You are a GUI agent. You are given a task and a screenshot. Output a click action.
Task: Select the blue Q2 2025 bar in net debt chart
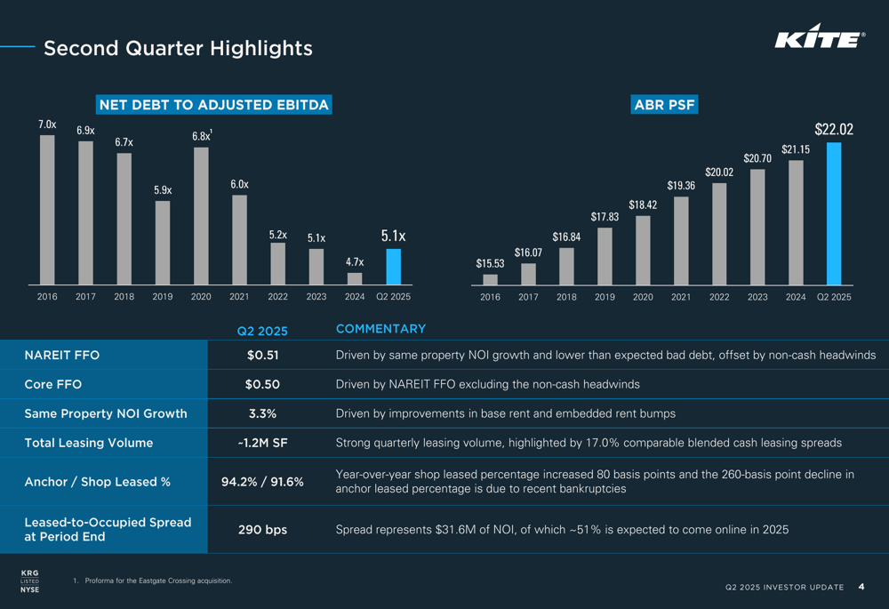point(393,266)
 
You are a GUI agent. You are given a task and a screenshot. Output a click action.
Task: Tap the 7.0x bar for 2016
point(47,210)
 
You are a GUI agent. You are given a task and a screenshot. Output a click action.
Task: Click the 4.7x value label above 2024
point(355,262)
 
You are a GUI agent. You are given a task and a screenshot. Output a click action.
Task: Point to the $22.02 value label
point(834,130)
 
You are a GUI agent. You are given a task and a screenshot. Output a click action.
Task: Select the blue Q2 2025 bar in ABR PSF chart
point(834,213)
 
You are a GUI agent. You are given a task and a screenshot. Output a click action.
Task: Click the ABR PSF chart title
point(664,105)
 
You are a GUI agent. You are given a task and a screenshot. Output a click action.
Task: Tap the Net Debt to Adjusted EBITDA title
point(213,105)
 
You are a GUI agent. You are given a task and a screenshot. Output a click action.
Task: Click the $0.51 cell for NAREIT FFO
point(262,356)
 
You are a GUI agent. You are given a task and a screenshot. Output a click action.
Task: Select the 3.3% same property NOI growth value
point(262,413)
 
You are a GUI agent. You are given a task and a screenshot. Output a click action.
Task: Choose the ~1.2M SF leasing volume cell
point(262,443)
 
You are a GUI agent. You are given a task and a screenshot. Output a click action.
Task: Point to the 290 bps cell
point(262,530)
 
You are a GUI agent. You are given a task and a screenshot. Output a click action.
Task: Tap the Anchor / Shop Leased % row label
point(97,482)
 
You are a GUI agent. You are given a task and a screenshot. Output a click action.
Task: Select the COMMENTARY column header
point(380,329)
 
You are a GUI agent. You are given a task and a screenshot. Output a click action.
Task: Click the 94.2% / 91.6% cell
point(262,482)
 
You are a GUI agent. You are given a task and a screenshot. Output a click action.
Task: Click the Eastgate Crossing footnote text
point(158,581)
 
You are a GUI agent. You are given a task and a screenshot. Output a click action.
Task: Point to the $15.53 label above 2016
point(490,263)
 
